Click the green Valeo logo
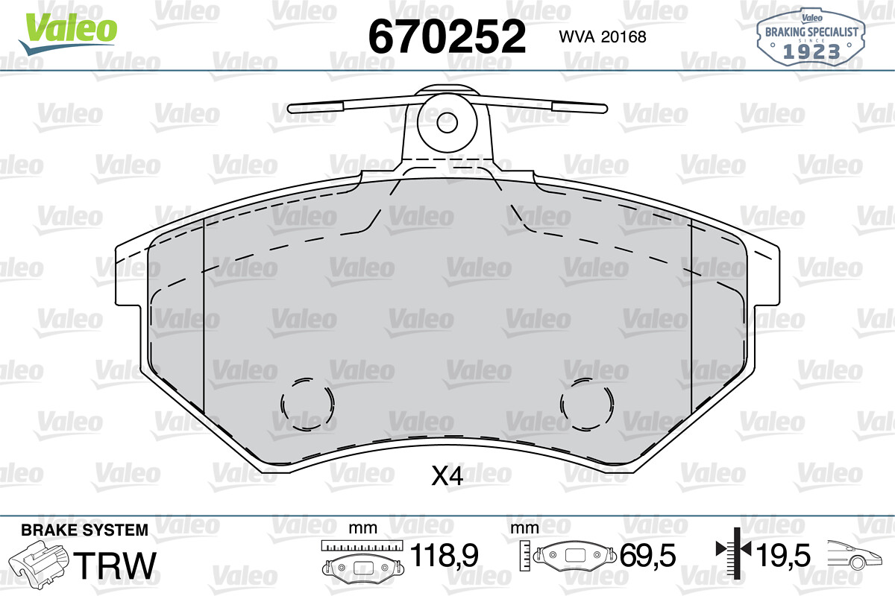pyautogui.click(x=69, y=33)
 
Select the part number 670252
pyautogui.click(x=447, y=37)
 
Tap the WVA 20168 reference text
pyautogui.click(x=603, y=37)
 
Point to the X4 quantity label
pyautogui.click(x=447, y=476)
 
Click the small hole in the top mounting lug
pyautogui.click(x=447, y=122)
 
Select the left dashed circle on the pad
pyautogui.click(x=307, y=405)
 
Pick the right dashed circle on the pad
pyautogui.click(x=586, y=405)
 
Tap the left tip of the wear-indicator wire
pyautogui.click(x=289, y=108)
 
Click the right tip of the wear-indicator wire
pyautogui.click(x=606, y=108)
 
